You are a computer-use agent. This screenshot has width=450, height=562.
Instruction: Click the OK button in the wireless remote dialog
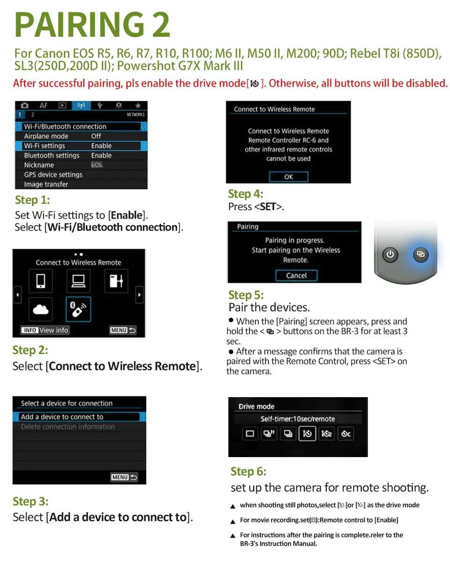288,177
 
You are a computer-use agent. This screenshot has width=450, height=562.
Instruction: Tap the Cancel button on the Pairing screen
296,275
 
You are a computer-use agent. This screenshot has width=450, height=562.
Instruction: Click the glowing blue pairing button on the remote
420,254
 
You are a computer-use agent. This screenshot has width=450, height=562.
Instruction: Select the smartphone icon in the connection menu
40,281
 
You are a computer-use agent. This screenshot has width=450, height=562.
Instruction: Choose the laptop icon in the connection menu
78,281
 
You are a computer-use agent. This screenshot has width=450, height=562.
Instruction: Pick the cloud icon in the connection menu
40,309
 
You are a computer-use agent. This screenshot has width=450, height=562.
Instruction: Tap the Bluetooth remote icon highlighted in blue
78,309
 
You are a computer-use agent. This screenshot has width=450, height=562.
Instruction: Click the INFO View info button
45,330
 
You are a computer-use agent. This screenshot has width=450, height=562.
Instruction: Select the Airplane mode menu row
81,136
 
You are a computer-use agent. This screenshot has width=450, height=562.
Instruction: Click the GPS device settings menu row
81,174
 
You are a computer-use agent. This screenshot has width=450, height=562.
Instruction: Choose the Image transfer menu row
81,184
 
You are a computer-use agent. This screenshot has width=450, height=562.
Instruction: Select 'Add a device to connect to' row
79,417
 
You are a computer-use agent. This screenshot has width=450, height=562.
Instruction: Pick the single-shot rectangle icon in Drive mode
250,434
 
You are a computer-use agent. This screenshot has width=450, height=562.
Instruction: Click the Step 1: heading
32,200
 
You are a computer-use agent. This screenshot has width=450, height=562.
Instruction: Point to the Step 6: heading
248,472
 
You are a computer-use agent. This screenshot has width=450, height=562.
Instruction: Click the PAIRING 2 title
92,24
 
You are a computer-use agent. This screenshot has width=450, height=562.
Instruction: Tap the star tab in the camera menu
138,105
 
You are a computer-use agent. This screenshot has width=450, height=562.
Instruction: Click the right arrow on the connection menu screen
139,295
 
